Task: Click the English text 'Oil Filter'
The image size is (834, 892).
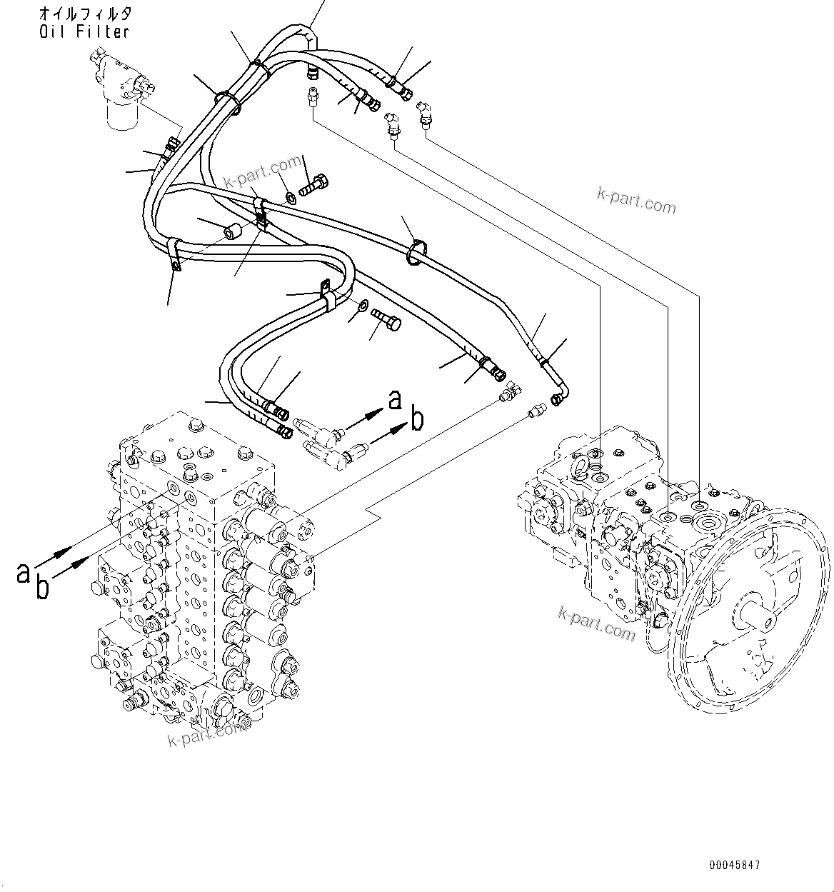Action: tap(84, 31)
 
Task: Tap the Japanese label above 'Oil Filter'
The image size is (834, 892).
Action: tap(84, 14)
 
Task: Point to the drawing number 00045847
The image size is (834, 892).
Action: tap(735, 865)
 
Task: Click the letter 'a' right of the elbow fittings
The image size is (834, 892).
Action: tap(396, 400)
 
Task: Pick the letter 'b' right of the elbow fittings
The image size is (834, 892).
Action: tap(416, 421)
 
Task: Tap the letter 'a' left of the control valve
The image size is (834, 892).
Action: tap(24, 571)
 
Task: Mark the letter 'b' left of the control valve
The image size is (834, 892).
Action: tap(44, 588)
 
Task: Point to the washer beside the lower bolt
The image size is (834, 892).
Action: tap(362, 306)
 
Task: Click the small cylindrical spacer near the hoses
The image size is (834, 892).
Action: tap(233, 231)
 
